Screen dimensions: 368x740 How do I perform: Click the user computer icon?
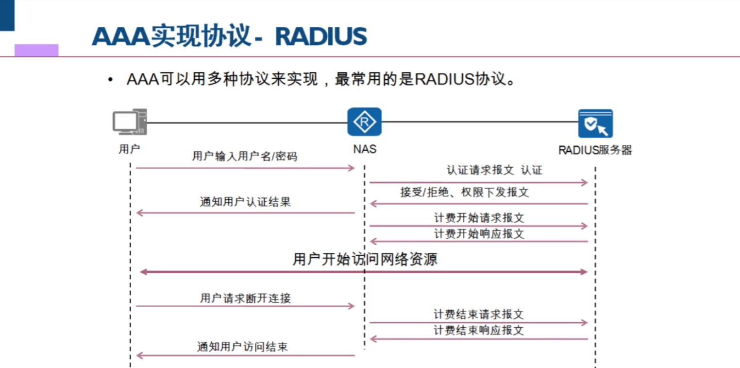[129, 122]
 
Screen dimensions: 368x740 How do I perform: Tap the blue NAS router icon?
[364, 122]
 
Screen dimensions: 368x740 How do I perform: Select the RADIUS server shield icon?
[595, 123]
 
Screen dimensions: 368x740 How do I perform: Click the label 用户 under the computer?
[129, 149]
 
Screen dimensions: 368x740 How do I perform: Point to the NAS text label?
[365, 149]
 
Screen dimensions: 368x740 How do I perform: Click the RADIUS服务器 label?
[595, 150]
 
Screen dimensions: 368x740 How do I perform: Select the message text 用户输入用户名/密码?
[245, 157]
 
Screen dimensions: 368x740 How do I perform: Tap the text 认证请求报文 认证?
[494, 170]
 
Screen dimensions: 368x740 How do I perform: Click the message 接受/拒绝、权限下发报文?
[464, 192]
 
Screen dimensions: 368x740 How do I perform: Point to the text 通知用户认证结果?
[245, 202]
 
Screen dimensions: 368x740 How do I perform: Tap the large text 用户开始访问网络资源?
[365, 259]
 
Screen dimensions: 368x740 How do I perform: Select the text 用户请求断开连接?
[245, 298]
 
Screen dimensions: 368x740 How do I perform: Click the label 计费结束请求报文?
[479, 314]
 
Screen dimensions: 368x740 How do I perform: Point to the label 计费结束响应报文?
[479, 331]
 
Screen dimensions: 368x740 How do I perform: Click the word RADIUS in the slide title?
[321, 36]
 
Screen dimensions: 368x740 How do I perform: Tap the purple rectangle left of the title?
[36, 50]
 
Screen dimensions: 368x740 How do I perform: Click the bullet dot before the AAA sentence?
[111, 80]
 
